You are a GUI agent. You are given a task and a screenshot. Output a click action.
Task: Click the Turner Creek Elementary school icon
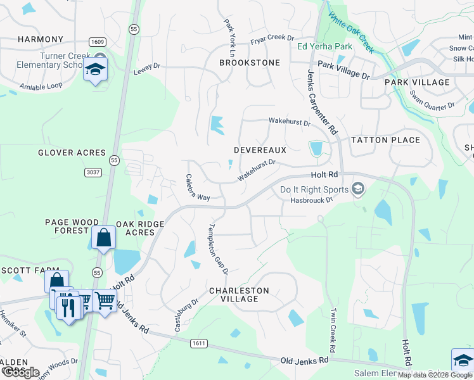[x=95, y=70]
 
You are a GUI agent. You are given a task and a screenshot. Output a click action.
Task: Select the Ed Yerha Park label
[x=325, y=46]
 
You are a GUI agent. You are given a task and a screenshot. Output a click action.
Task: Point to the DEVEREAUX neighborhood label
[x=260, y=150]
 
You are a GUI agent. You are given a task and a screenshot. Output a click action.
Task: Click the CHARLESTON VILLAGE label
[x=240, y=294]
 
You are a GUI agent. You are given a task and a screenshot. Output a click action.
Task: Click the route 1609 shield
[x=98, y=41]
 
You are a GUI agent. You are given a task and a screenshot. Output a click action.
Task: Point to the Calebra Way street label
[x=197, y=188]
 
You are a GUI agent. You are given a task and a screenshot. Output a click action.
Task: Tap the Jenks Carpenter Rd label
[x=321, y=101]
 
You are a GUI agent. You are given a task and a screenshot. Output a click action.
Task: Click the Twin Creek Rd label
[x=331, y=331]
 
